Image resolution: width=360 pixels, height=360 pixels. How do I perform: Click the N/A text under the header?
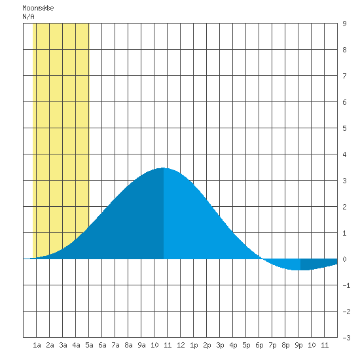click(28, 16)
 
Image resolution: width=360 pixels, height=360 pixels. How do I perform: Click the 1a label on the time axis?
click(37, 345)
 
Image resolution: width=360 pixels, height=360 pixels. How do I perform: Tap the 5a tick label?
click(89, 345)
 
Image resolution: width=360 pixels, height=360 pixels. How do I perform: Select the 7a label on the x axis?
click(115, 345)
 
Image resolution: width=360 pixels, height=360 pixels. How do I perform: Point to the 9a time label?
click(141, 345)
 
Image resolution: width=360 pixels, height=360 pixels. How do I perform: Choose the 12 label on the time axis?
click(181, 345)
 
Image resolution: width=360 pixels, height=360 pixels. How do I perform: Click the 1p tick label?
click(194, 345)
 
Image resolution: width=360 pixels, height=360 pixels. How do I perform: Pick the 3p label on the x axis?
click(220, 345)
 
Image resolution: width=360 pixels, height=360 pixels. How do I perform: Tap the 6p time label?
click(259, 345)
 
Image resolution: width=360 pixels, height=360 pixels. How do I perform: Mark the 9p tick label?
click(298, 345)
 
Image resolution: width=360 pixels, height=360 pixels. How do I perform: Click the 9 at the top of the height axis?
click(344, 24)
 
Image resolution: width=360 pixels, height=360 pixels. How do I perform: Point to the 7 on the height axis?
click(344, 76)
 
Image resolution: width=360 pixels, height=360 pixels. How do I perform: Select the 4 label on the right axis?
click(344, 154)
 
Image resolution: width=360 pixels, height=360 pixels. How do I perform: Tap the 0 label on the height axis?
click(344, 259)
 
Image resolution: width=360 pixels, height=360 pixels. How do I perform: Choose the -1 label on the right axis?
click(346, 285)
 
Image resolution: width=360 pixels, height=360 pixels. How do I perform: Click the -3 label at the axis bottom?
click(346, 338)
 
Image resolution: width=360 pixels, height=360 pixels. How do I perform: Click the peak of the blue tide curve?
click(163, 168)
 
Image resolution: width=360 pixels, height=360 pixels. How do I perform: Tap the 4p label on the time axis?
click(233, 345)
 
